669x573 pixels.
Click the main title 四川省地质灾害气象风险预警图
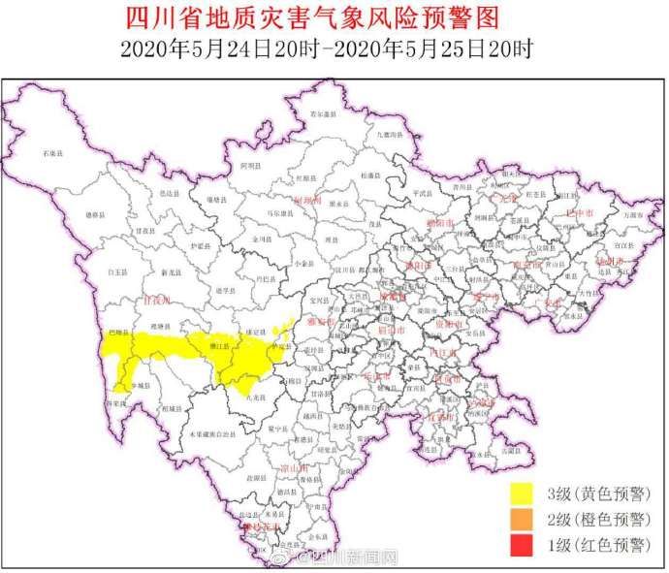click(334, 17)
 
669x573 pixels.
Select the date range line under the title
click(334, 47)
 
